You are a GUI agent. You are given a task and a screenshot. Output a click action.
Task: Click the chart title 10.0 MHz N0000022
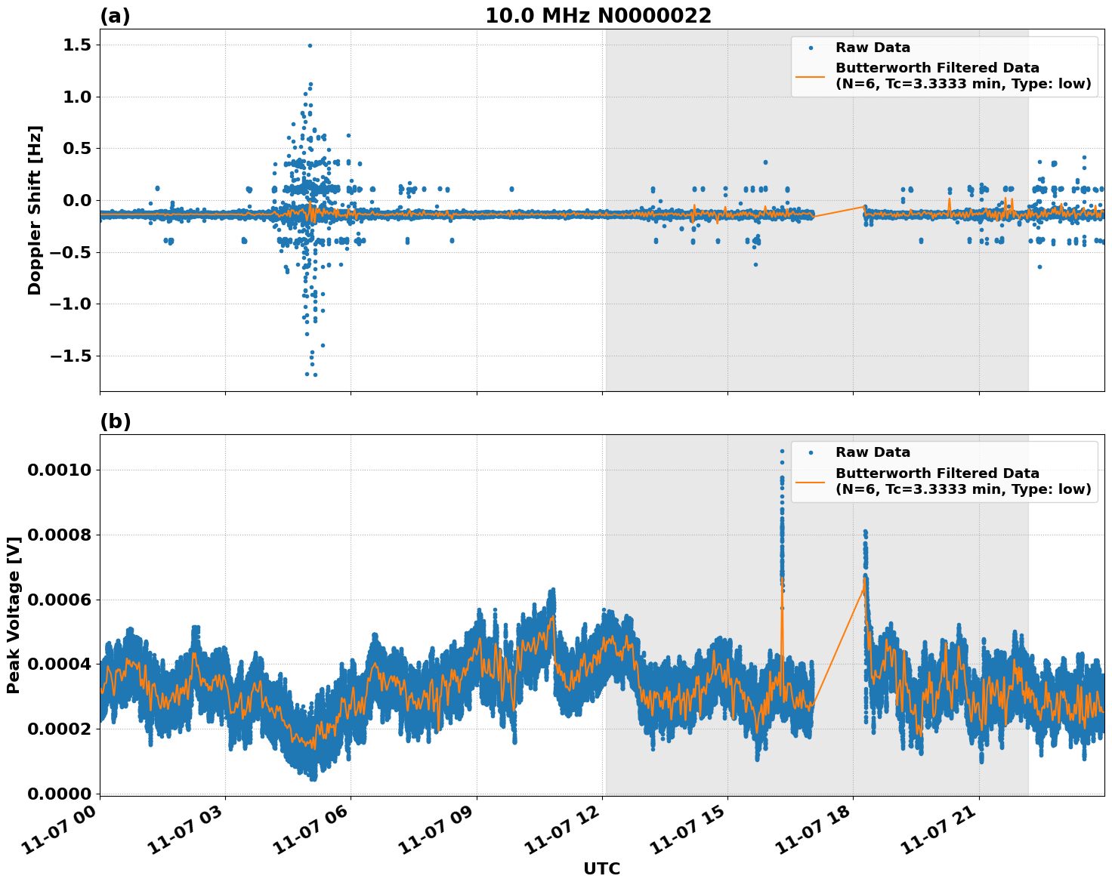click(x=598, y=16)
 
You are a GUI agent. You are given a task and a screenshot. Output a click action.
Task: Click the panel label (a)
click(x=115, y=16)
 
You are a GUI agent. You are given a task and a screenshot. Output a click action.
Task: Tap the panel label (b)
click(x=115, y=421)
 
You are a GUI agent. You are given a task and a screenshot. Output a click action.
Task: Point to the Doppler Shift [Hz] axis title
click(x=35, y=210)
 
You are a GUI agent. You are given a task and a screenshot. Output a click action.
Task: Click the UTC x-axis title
click(x=601, y=868)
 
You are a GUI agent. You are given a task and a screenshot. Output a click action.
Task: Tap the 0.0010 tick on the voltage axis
click(x=59, y=470)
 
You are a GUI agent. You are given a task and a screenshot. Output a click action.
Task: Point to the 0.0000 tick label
click(x=59, y=794)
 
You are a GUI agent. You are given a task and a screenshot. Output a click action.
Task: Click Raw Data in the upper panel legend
click(x=873, y=48)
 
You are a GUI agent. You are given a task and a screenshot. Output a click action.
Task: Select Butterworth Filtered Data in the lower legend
click(x=937, y=473)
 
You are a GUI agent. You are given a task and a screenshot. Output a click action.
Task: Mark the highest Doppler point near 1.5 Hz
click(x=310, y=45)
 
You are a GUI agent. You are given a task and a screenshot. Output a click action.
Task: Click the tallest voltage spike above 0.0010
click(x=782, y=452)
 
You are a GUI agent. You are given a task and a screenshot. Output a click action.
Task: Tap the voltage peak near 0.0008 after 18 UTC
click(x=865, y=532)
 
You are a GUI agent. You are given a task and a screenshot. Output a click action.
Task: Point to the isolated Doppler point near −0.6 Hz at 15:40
click(x=755, y=264)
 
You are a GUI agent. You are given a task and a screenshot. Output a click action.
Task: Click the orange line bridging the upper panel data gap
click(x=839, y=211)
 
